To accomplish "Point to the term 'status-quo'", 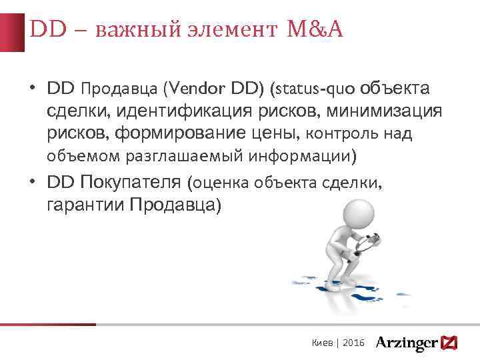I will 313,89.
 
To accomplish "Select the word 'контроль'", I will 343,134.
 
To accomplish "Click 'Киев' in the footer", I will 323,342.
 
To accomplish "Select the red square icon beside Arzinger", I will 449,341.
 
